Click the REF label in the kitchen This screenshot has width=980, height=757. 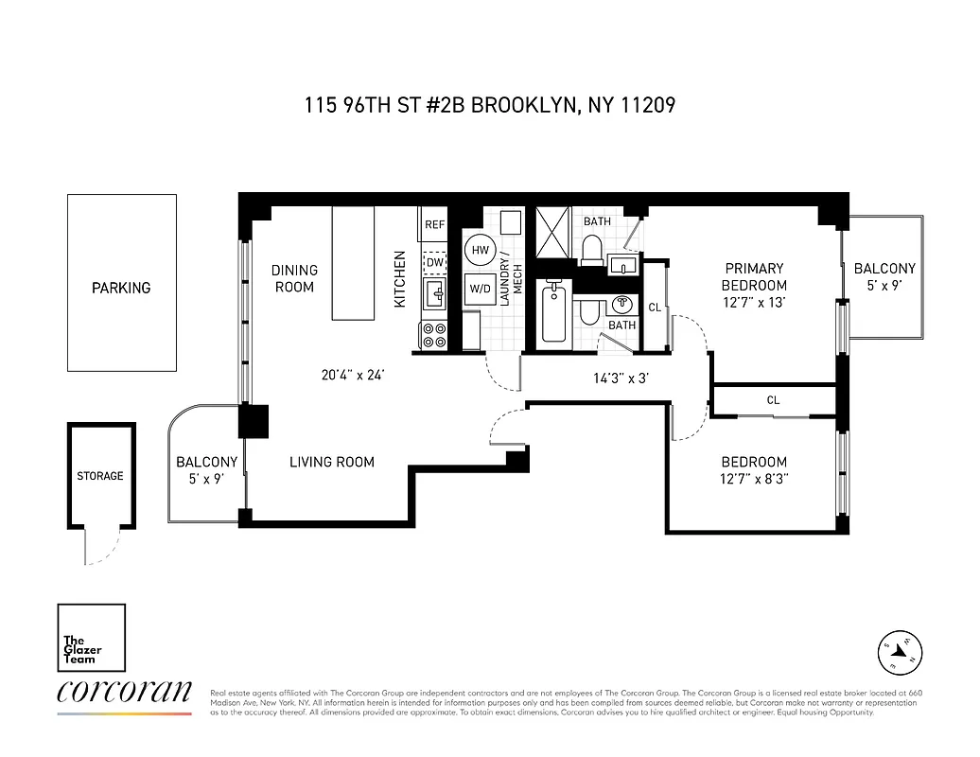pyautogui.click(x=435, y=224)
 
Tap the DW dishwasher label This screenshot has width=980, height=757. pyautogui.click(x=435, y=262)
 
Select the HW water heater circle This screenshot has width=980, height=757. pyautogui.click(x=480, y=250)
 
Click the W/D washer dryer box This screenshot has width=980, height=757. pyautogui.click(x=480, y=289)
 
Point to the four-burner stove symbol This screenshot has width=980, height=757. pyautogui.click(x=434, y=335)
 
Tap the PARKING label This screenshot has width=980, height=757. pyautogui.click(x=121, y=288)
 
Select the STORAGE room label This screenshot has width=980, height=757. pyautogui.click(x=100, y=476)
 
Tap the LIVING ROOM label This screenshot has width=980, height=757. pyautogui.click(x=331, y=462)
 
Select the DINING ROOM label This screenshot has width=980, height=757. pyautogui.click(x=294, y=278)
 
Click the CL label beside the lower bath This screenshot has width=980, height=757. pyautogui.click(x=655, y=307)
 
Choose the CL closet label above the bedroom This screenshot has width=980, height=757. pyautogui.click(x=773, y=400)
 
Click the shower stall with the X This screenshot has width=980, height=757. pyautogui.click(x=554, y=232)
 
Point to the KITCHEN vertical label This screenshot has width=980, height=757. pyautogui.click(x=400, y=278)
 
